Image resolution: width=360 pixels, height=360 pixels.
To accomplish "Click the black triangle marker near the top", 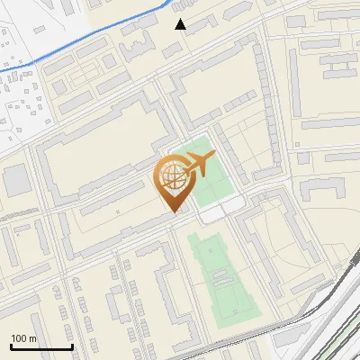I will pyautogui.click(x=181, y=24).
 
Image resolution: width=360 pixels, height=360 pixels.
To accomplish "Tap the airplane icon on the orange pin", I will pyautogui.click(x=198, y=165).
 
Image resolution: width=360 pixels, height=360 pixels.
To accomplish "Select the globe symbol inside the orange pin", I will pyautogui.click(x=174, y=180).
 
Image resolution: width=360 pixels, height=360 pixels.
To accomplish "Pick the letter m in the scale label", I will pyautogui.click(x=33, y=338).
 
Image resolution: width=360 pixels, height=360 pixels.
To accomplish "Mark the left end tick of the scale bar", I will pyautogui.click(x=11, y=346).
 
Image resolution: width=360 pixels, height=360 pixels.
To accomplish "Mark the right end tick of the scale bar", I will pyautogui.click(x=72, y=346).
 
